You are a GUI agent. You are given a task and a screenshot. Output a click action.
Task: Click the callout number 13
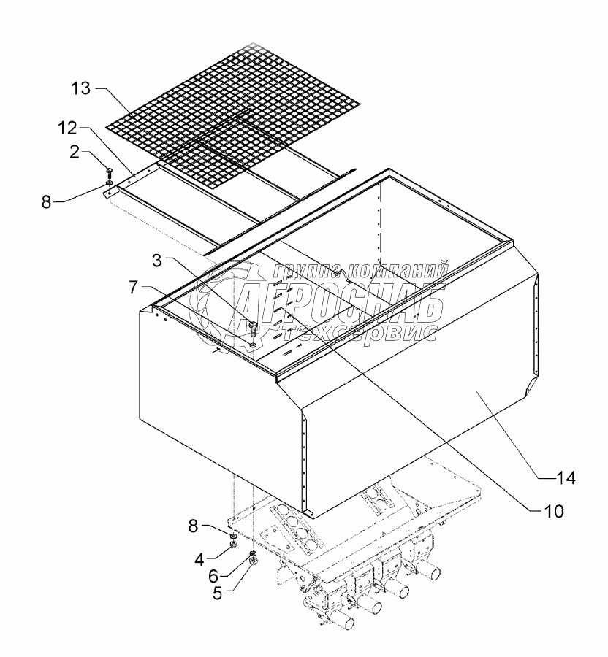(81, 89)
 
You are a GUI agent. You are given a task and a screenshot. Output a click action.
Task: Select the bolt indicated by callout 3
(253, 328)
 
